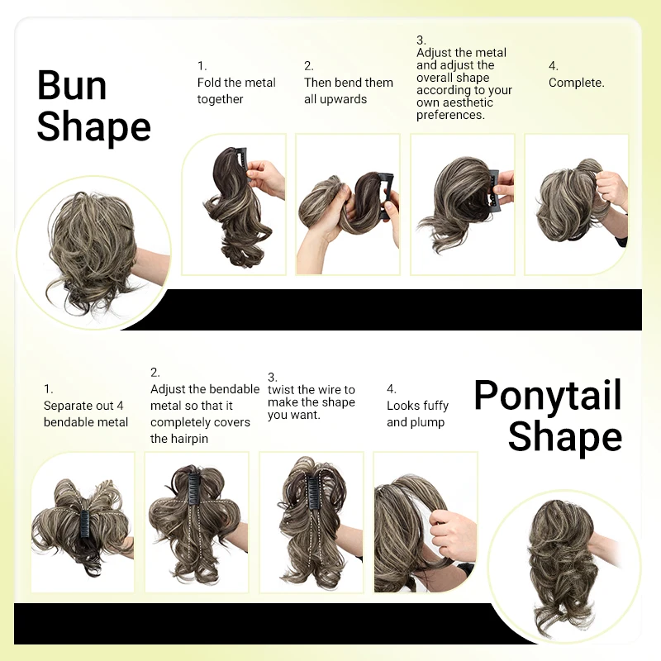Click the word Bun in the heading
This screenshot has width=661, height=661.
(72, 86)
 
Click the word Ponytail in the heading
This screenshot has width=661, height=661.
(547, 396)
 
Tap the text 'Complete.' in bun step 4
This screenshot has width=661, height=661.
(577, 83)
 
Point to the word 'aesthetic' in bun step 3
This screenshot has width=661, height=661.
(466, 102)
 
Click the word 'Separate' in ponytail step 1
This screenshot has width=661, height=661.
(69, 406)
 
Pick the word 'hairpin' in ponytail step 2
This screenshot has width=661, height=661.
(189, 439)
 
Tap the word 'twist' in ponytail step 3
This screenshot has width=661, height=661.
(281, 390)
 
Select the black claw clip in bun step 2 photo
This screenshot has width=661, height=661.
(385, 194)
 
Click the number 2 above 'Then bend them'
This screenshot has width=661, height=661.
(308, 66)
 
